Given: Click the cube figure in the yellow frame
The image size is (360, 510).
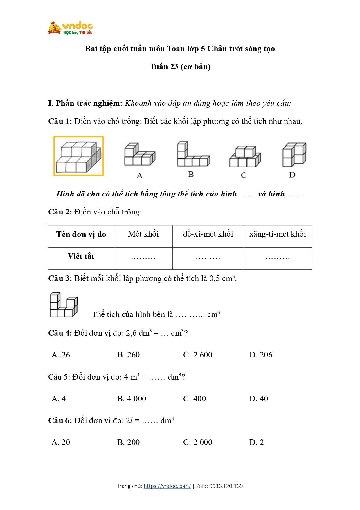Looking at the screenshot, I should pyautogui.click(x=78, y=156).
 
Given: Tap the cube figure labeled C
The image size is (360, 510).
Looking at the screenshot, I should pyautogui.click(x=245, y=157).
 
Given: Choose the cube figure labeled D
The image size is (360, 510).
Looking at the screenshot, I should pyautogui.click(x=294, y=154).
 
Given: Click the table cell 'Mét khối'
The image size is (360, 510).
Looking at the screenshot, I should pyautogui.click(x=143, y=234).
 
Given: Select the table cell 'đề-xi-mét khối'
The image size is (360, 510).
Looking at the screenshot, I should pyautogui.click(x=208, y=234).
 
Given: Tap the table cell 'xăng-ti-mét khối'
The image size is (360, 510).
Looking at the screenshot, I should pyautogui.click(x=278, y=234).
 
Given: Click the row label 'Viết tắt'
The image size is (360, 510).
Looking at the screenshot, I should pyautogui.click(x=81, y=256).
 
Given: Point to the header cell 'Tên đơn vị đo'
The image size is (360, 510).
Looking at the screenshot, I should pyautogui.click(x=81, y=234).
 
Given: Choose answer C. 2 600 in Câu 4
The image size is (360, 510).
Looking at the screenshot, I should pyautogui.click(x=198, y=355).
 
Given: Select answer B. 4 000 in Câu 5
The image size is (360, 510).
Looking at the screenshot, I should pyautogui.click(x=132, y=399).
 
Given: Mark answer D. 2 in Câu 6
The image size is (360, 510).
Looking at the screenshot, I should pyautogui.click(x=256, y=442).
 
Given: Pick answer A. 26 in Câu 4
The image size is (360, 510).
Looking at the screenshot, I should pyautogui.click(x=61, y=355).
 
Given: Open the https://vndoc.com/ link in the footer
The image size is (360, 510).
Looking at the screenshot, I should pyautogui.click(x=167, y=486).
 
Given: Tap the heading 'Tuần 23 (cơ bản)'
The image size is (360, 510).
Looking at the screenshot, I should pyautogui.click(x=180, y=67).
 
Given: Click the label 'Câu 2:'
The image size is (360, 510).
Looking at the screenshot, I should pyautogui.click(x=60, y=212).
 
